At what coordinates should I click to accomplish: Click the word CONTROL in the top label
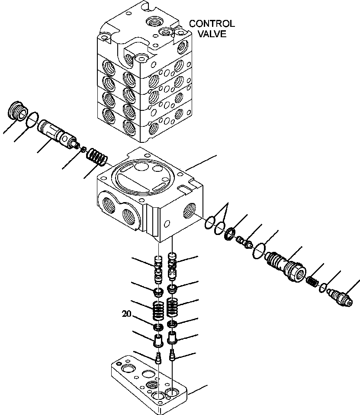[x=212, y=24]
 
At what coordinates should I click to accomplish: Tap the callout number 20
[x=126, y=315]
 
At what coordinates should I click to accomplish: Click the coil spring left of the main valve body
[x=96, y=157]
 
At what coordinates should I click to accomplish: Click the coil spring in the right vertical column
[x=173, y=308]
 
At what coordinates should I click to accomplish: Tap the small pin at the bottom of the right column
[x=173, y=354]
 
